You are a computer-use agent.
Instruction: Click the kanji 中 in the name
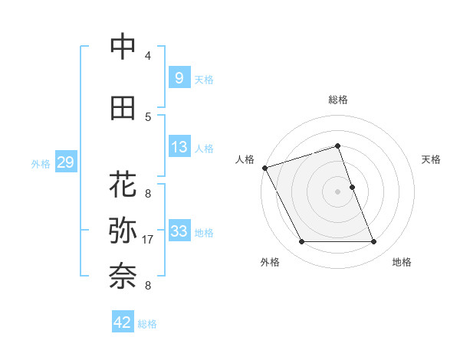[x=123, y=47]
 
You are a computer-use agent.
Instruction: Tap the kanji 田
[x=123, y=108]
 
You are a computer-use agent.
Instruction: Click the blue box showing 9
[x=179, y=77]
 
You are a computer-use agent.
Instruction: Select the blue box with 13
[x=179, y=147]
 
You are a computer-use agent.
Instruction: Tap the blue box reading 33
[x=179, y=231]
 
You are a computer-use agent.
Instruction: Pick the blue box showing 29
[x=65, y=162]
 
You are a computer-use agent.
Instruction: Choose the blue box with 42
[x=123, y=322]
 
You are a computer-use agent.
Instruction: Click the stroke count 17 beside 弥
[x=149, y=240]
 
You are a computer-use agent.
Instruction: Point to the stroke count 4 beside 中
[x=148, y=55]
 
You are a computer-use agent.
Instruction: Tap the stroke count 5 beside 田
[x=148, y=116]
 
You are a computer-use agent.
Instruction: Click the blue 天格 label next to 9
[x=204, y=79]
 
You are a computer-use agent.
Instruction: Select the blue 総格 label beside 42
[x=147, y=324]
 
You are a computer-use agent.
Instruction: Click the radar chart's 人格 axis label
[x=245, y=159]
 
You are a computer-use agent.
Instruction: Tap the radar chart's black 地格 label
[x=402, y=262]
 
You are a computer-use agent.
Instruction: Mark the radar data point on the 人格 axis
[x=265, y=168]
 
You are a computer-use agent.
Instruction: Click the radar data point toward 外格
[x=301, y=242]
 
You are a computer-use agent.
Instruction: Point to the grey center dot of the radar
[x=337, y=191]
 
